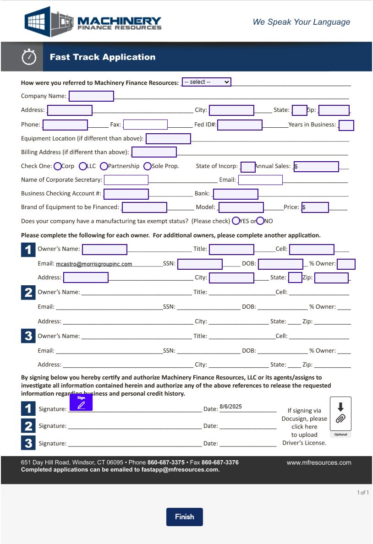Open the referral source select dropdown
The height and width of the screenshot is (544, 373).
(x=206, y=82)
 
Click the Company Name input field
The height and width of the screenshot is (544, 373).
(x=91, y=96)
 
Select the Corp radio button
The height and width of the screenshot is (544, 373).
(x=58, y=166)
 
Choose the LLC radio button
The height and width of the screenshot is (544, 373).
(x=83, y=166)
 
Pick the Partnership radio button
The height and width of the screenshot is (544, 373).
(x=104, y=166)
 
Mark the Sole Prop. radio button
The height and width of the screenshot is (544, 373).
(x=148, y=166)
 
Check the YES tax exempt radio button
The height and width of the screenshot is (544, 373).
(x=236, y=221)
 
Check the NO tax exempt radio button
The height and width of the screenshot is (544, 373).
(x=260, y=221)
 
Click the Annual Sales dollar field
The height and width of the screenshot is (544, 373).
(x=316, y=167)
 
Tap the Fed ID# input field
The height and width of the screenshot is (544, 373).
(x=240, y=125)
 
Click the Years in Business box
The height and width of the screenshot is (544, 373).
(x=346, y=125)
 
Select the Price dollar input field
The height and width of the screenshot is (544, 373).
(x=315, y=207)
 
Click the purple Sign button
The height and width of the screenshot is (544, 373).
(x=81, y=403)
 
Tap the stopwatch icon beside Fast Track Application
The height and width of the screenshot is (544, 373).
(x=29, y=57)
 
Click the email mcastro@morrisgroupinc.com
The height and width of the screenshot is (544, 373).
(x=94, y=264)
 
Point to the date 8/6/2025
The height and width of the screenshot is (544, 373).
(x=230, y=407)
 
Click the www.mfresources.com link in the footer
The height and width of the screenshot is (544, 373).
(x=319, y=462)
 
